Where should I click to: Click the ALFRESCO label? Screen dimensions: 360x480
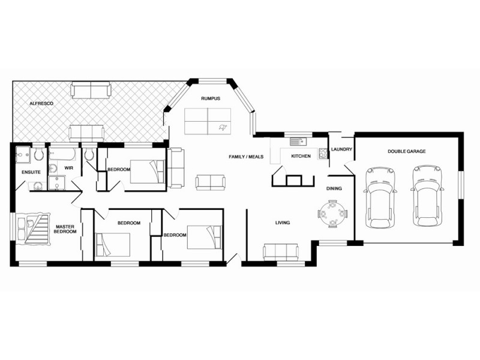tap(42, 104)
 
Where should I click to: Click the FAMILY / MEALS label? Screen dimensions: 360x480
tap(246, 157)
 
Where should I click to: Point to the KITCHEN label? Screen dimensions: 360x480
tap(300, 157)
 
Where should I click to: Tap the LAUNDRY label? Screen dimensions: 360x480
tap(341, 150)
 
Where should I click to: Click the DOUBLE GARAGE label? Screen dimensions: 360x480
tap(406, 151)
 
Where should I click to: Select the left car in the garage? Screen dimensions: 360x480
tap(380, 197)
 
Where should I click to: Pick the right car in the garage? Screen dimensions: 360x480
tap(427, 196)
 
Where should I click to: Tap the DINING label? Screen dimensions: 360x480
tap(334, 188)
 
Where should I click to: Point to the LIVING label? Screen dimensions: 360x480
tap(283, 223)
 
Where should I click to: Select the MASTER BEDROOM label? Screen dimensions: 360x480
tap(65, 229)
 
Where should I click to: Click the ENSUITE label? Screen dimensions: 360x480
tap(31, 172)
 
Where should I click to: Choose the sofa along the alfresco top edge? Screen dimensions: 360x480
tap(91, 91)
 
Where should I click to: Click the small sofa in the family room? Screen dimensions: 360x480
tap(209, 182)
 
